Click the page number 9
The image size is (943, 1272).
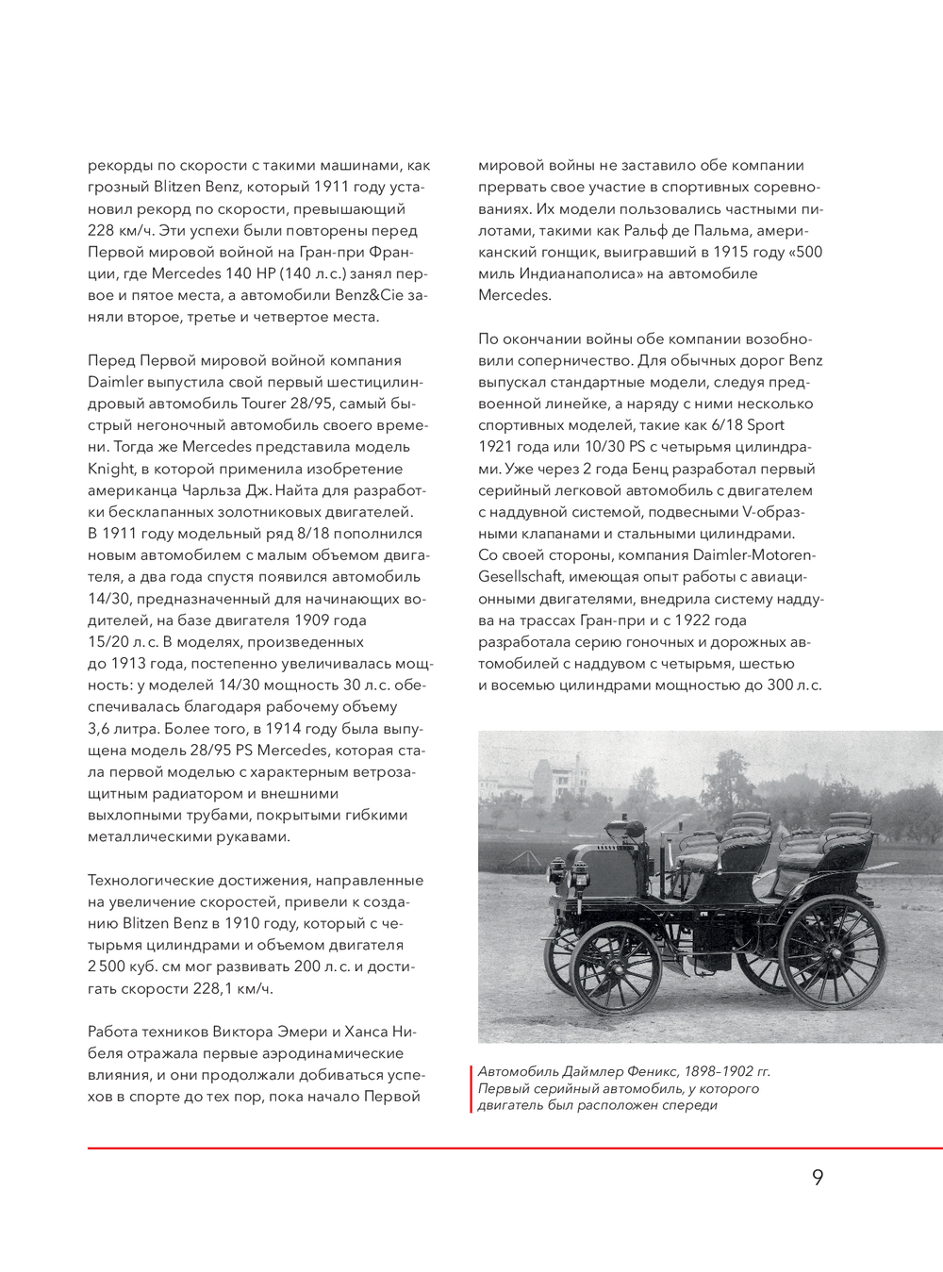coord(817,1177)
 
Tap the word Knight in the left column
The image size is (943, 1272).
coord(112,469)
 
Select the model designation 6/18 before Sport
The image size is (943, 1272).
coord(728,425)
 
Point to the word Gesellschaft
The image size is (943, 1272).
coord(521,576)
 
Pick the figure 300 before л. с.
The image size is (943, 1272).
coord(779,685)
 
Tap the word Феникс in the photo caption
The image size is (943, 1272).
coord(647,1071)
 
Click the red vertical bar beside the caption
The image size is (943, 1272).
coord(471,1088)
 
